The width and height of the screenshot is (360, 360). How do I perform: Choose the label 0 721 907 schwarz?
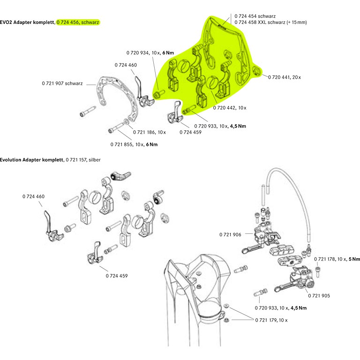pos(62,84)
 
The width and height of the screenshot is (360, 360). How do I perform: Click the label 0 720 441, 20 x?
pos(284,77)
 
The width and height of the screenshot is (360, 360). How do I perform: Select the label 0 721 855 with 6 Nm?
pos(134,144)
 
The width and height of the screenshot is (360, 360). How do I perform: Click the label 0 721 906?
pos(230,234)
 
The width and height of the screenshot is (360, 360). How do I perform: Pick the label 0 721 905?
pos(319,296)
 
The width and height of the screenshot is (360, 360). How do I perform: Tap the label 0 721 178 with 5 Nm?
pos(337,259)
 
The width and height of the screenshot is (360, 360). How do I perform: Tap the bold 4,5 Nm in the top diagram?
pos(238,126)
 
